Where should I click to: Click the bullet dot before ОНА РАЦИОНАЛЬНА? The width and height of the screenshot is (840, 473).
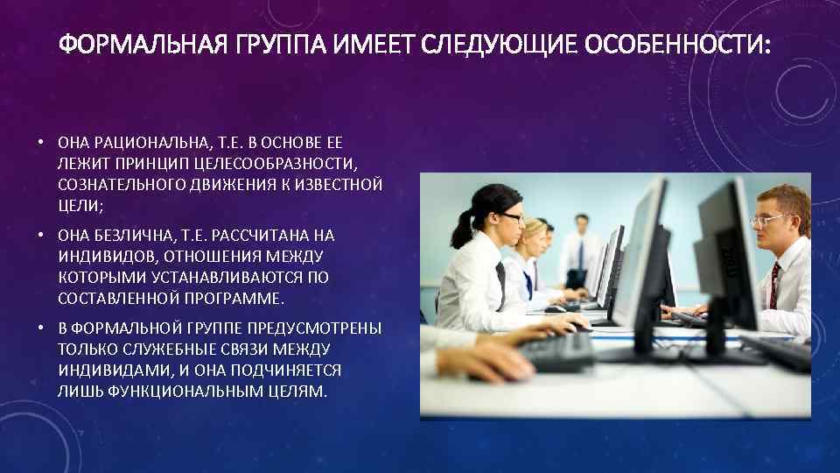pos(40,142)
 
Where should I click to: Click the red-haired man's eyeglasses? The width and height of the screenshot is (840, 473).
pos(768,220)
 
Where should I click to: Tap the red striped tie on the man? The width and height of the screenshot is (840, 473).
pos(773,285)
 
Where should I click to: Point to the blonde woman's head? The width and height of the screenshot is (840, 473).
pos(534,235)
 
